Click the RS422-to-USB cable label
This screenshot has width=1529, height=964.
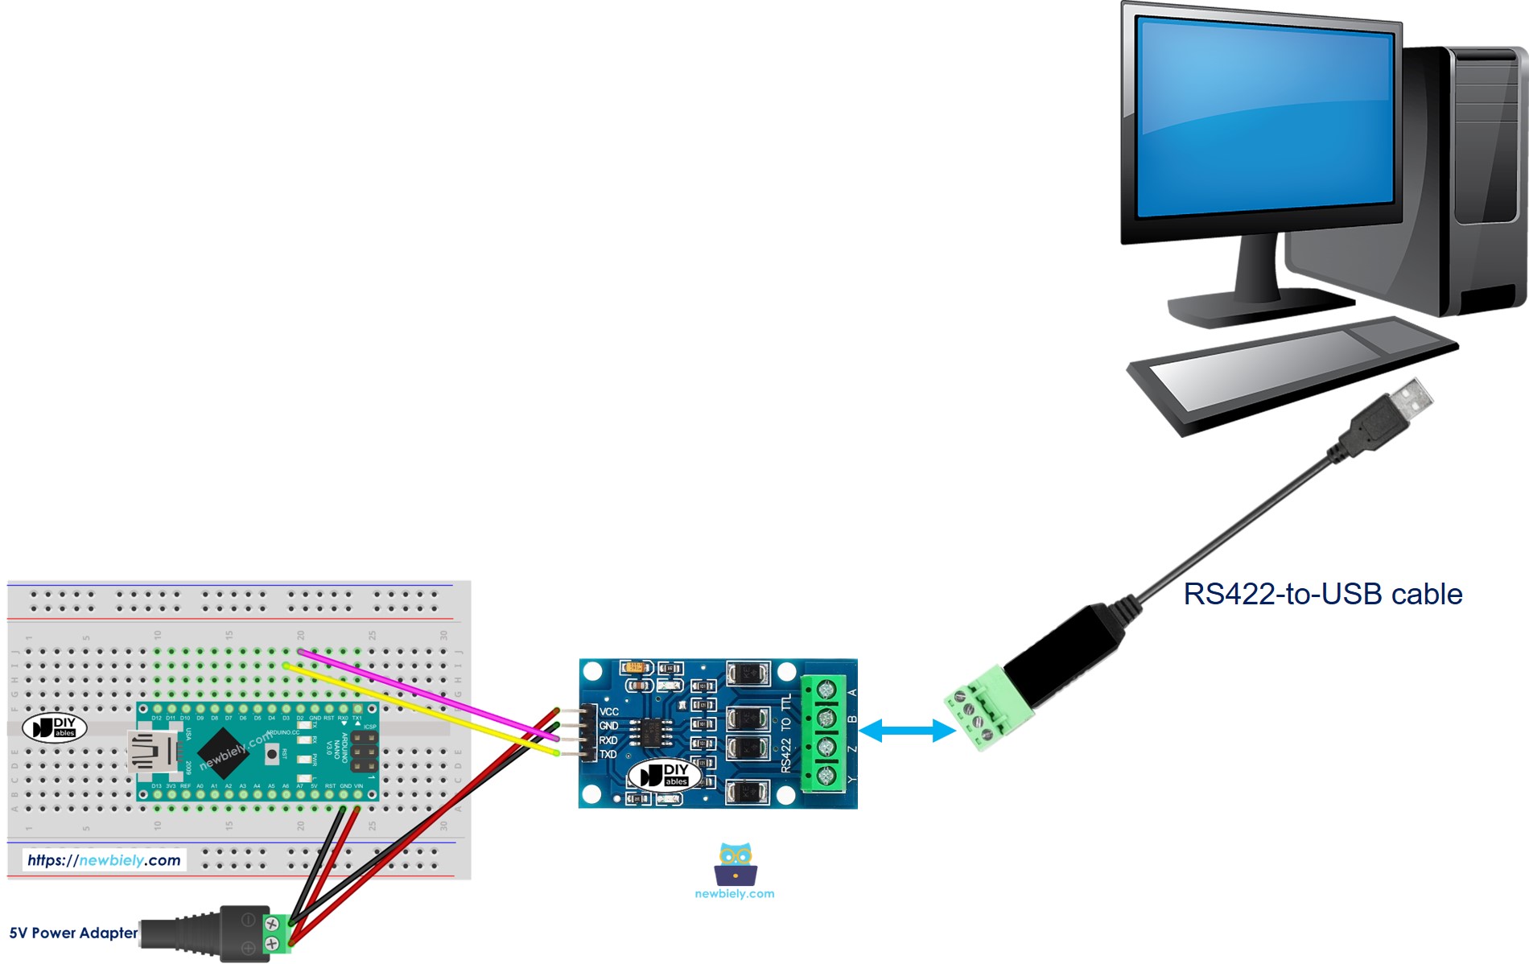[x=1322, y=594]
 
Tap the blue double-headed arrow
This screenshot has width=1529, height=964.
[x=906, y=731]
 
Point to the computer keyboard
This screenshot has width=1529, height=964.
[x=1292, y=370]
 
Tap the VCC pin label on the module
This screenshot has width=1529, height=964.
[x=609, y=711]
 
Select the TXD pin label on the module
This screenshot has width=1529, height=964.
[x=608, y=754]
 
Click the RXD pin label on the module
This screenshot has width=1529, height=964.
[x=608, y=740]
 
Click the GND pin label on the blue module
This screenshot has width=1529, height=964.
[x=608, y=726]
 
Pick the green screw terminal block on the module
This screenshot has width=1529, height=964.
[x=825, y=733]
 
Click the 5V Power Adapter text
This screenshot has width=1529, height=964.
[x=73, y=933]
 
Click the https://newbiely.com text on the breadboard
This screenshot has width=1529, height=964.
[x=104, y=860]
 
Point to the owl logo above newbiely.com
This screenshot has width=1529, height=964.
[x=735, y=864]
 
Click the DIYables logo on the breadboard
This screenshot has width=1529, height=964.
[x=54, y=727]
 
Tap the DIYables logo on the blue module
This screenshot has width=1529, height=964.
[x=665, y=776]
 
